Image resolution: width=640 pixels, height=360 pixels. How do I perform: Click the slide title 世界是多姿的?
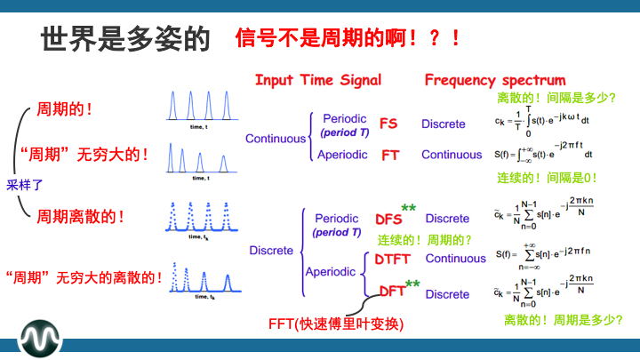124,38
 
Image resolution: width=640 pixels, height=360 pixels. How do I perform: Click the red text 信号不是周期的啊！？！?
348,38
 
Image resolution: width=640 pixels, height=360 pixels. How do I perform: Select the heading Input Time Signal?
317,80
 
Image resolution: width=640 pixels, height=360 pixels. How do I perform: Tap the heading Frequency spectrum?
494,80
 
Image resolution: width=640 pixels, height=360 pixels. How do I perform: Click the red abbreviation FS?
388,124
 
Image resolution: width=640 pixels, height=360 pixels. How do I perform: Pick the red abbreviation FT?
390,155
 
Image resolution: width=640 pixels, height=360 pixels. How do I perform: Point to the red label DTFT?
392,259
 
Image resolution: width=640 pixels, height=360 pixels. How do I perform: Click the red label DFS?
388,219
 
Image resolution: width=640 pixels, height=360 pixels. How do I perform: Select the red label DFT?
392,291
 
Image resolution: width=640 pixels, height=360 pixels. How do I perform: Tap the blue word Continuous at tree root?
275,139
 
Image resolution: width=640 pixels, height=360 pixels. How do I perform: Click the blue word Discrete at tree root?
271,251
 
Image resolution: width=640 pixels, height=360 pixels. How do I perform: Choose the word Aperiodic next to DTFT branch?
331,271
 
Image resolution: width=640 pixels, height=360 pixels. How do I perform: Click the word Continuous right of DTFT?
455,259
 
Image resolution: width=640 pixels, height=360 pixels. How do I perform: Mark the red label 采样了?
25,186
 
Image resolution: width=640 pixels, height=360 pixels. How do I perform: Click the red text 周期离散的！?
80,216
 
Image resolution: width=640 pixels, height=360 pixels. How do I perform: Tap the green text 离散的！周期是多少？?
562,319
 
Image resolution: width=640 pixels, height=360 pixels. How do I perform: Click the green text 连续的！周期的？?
424,240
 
